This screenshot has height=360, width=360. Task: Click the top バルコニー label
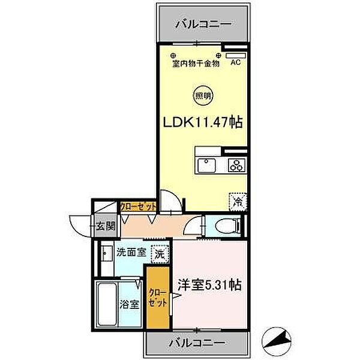[x=203, y=24]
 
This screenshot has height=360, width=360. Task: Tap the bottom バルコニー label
[x=197, y=343]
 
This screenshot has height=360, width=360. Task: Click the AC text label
[x=236, y=62]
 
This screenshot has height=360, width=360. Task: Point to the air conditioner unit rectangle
[x=236, y=56]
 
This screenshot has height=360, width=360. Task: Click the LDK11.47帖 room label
[x=203, y=122]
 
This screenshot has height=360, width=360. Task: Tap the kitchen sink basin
[x=207, y=166]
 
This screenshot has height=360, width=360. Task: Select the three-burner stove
[x=237, y=166]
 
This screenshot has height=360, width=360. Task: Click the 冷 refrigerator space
[x=238, y=202]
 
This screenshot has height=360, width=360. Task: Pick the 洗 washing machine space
[x=160, y=254]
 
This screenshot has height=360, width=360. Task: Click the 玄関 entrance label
[x=106, y=226]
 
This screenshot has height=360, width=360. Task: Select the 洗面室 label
[x=131, y=253]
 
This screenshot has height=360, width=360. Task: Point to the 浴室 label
[x=130, y=304]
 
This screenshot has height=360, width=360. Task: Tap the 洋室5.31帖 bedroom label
[x=209, y=285]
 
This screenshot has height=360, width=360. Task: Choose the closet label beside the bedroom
[x=157, y=298]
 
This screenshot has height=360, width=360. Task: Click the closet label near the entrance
[x=138, y=206]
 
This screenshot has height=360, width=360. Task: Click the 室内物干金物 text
[x=196, y=64]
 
